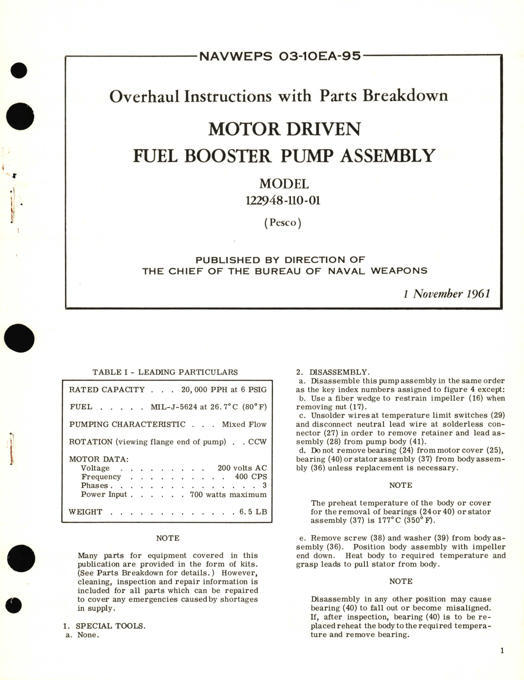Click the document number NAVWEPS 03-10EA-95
[280, 56]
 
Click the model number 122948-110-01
[283, 200]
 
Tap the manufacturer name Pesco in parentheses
[283, 222]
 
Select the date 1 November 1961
[447, 294]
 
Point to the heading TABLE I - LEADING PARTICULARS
[165, 372]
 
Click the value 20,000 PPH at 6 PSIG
[224, 390]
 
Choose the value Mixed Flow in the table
[244, 424]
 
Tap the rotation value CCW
[257, 442]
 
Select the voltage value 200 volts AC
[242, 468]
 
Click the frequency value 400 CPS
[251, 477]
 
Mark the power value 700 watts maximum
[228, 494]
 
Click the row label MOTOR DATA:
[99, 459]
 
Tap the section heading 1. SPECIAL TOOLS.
[104, 626]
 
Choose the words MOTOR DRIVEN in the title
[284, 129]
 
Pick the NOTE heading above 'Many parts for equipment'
[168, 538]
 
